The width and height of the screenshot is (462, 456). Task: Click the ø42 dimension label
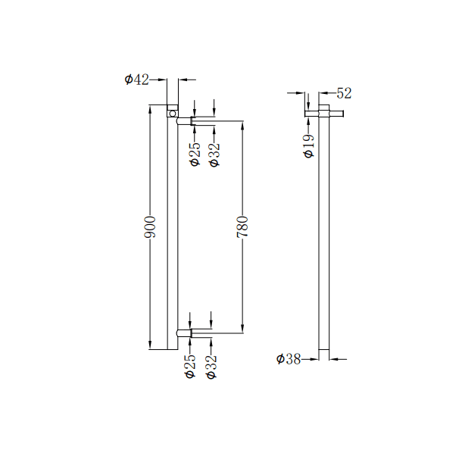[136, 79]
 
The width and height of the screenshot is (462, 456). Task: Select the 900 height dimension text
[151, 227]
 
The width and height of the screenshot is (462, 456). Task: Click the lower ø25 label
[190, 367]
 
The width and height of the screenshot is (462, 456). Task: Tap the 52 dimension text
[344, 93]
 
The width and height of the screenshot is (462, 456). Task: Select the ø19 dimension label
[308, 145]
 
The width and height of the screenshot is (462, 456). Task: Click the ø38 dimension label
[289, 359]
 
